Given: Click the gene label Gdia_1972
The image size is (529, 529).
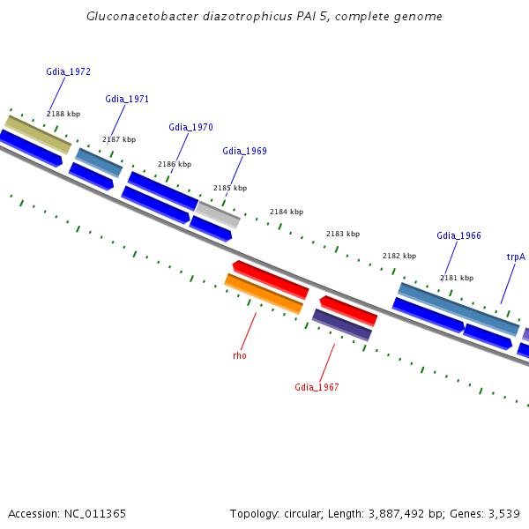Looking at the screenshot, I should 68,71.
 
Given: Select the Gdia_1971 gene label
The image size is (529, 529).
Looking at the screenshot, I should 127,99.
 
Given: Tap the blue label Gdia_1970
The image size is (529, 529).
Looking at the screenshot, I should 190,127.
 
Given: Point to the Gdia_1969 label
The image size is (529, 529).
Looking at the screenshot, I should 244,151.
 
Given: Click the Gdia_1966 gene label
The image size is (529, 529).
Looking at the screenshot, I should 458,235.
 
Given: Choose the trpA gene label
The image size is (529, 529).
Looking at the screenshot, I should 516,257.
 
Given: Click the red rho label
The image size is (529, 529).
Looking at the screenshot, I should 240,355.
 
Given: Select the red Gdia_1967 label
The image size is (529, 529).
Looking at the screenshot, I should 317,387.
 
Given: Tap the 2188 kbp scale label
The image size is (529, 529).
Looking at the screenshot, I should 63,114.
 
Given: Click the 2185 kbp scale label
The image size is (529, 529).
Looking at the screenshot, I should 230,188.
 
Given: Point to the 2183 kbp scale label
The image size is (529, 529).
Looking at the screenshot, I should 343,234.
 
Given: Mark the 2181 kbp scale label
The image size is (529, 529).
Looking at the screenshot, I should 457,278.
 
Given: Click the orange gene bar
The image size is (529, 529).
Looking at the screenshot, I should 264,293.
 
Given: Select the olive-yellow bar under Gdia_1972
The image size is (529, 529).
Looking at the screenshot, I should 38,134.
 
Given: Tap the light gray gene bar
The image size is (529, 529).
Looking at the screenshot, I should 218,213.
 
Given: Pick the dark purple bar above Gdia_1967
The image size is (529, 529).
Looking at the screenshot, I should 342,324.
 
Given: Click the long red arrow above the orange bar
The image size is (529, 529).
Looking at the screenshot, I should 271,279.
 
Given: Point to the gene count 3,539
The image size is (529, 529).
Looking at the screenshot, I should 503,513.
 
